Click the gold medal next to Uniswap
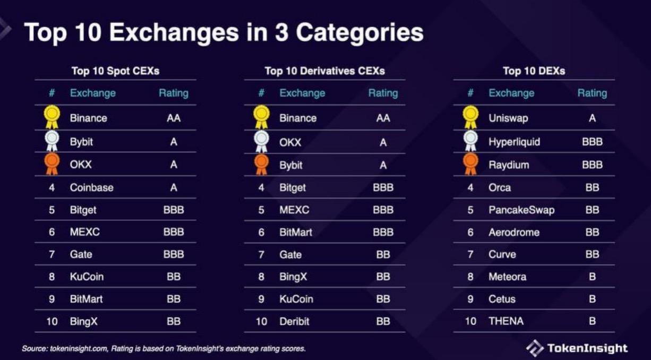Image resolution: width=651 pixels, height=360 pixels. (470, 116)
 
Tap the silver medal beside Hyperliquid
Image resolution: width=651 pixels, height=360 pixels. (470, 141)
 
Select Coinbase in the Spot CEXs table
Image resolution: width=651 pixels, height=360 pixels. (91, 187)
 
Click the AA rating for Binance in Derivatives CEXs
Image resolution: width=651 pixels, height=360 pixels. (383, 118)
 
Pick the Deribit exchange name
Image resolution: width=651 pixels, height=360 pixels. (294, 321)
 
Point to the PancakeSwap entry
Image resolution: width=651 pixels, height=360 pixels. (521, 210)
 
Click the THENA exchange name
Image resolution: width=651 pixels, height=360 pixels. (506, 321)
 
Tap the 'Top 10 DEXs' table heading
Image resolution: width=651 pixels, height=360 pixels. (534, 71)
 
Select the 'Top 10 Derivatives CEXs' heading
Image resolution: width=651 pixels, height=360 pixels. (324, 71)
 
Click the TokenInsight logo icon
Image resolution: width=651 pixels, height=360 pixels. (535, 348)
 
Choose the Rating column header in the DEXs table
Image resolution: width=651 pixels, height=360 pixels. (592, 93)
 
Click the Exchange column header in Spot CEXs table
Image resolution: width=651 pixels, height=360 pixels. (93, 93)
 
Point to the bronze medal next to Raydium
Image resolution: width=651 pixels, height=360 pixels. (470, 164)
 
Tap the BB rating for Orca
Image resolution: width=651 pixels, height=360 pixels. (592, 187)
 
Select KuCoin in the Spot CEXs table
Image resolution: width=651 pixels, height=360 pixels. (87, 277)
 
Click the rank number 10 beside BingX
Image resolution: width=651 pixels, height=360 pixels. (52, 321)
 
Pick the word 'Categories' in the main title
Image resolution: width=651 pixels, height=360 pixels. (359, 32)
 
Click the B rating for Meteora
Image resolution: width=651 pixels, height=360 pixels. (592, 277)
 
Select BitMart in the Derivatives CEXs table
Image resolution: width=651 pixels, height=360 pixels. (296, 232)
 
